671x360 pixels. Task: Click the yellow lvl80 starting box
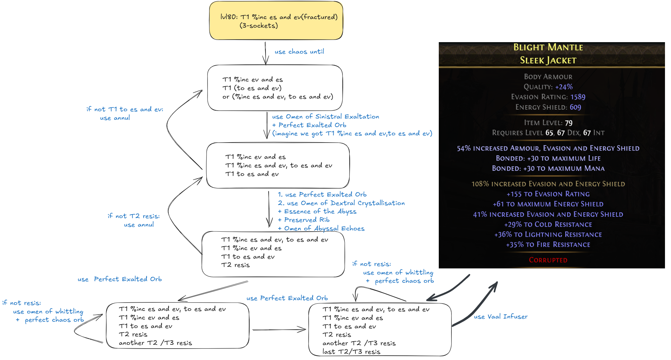coord(276,21)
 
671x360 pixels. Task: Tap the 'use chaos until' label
coord(299,52)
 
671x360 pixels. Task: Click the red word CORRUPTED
coord(548,260)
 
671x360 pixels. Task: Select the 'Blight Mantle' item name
coord(548,47)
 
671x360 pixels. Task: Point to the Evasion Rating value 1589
coord(578,97)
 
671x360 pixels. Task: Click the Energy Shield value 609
coord(575,107)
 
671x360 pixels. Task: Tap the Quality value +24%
coord(564,87)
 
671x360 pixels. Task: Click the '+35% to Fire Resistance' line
coord(548,245)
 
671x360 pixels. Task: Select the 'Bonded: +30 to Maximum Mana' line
coord(548,169)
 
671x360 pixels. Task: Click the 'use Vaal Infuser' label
coord(501,317)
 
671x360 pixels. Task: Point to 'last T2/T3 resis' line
coord(351,352)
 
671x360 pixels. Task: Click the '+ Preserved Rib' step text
coord(304,220)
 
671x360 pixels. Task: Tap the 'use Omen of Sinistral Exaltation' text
coord(325,117)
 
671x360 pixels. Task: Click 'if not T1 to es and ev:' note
coord(125,109)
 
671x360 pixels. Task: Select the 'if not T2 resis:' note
coord(134,216)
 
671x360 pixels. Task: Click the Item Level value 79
coord(569,123)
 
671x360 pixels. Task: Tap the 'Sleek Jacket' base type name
coord(548,60)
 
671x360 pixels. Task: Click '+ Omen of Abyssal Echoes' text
coord(321,228)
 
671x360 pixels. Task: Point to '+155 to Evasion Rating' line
coord(548,194)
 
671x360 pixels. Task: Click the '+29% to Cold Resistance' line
coord(548,224)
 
